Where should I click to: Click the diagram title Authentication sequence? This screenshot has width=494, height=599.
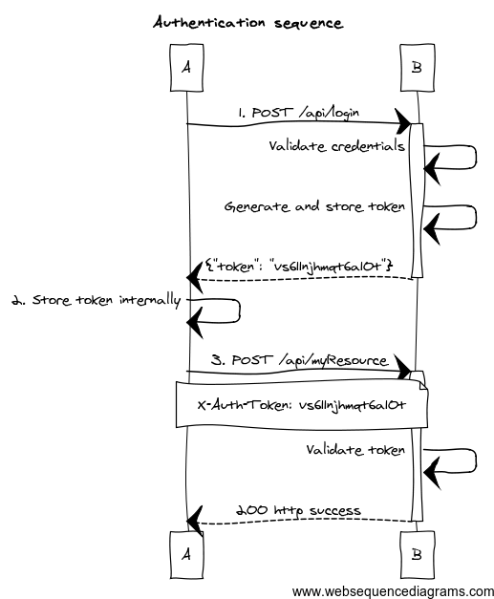tap(247, 23)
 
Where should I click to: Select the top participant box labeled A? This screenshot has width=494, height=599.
tap(186, 68)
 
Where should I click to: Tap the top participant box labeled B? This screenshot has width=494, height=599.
tap(418, 68)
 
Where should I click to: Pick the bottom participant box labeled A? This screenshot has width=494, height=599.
tap(186, 554)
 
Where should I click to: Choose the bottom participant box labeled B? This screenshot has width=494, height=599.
tap(418, 554)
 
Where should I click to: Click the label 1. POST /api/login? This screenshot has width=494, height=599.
tap(298, 113)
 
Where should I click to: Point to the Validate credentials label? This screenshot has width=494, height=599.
tap(336, 146)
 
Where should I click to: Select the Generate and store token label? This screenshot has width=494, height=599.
tap(314, 206)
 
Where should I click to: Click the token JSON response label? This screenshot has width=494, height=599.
tap(299, 266)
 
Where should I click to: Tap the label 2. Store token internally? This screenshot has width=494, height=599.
tap(97, 300)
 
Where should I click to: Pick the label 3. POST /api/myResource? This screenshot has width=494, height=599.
tap(299, 360)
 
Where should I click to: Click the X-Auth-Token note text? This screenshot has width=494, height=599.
tap(301, 405)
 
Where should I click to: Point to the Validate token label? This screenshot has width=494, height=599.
tap(355, 450)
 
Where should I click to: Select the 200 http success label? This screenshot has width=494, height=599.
tap(298, 510)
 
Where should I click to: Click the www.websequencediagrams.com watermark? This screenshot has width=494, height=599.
tap(393, 591)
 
